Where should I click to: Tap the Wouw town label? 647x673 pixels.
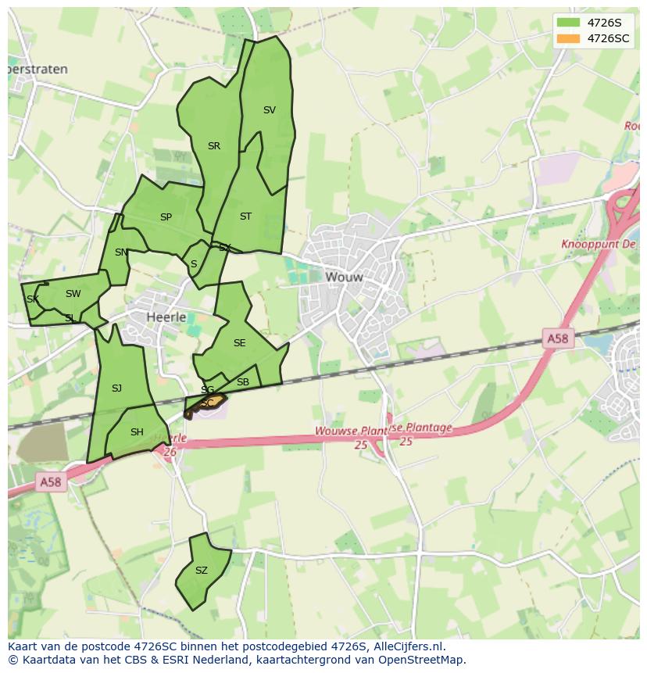click(344, 277)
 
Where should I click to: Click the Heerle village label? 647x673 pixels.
click(166, 317)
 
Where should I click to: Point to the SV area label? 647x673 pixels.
click(270, 110)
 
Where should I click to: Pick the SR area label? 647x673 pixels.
click(214, 146)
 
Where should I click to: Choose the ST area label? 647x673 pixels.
click(245, 217)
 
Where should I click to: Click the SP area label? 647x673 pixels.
click(166, 217)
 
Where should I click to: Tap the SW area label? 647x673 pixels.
click(73, 294)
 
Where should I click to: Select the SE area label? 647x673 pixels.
click(239, 343)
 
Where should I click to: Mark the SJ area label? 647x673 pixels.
click(116, 388)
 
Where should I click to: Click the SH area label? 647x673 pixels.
click(137, 432)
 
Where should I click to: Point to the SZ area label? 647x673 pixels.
click(202, 571)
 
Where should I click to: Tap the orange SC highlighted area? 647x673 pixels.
click(208, 403)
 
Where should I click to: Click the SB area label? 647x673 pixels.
click(242, 382)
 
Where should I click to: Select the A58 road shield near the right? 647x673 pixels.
click(557, 338)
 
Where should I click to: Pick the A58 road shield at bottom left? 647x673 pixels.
click(50, 482)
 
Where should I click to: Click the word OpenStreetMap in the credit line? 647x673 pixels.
click(422, 660)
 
